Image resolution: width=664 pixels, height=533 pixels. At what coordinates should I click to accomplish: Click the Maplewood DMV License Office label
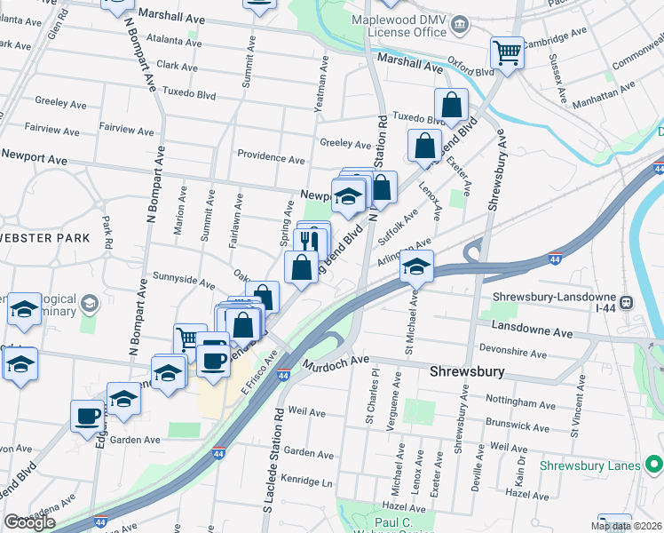point(397,26)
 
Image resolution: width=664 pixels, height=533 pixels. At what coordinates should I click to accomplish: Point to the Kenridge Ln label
point(308,483)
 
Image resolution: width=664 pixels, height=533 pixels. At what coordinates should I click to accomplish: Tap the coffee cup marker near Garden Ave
point(88,417)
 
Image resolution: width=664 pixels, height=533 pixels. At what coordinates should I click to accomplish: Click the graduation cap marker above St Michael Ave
point(415,266)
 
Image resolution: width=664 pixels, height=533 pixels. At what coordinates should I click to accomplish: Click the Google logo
point(29,522)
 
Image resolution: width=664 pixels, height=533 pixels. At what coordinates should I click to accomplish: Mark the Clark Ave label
point(177,66)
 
